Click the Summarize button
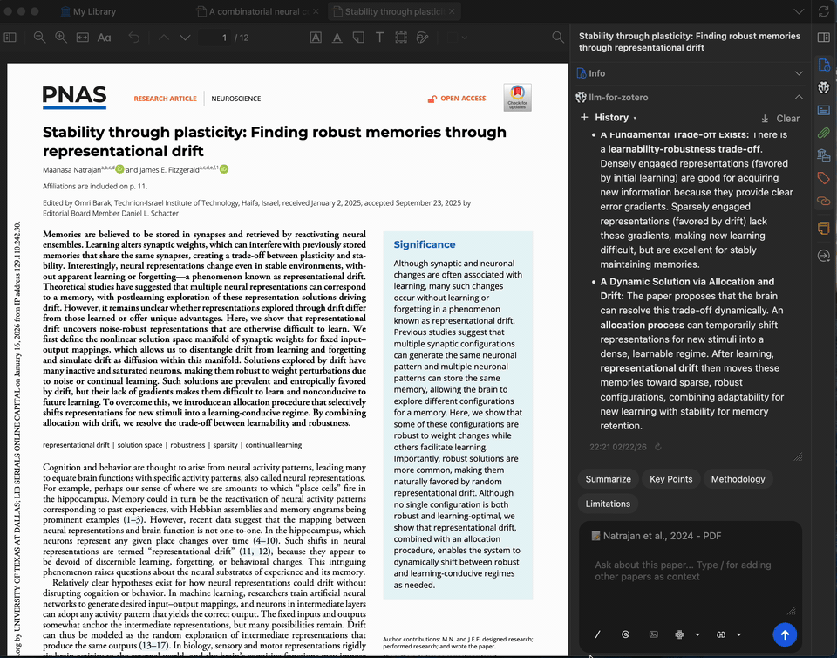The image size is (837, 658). [x=608, y=479]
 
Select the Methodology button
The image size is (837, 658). [x=738, y=479]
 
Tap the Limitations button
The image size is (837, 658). [x=608, y=504]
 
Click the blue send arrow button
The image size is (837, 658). [x=785, y=634]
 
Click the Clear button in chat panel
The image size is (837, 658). [x=780, y=118]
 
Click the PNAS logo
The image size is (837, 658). [x=74, y=97]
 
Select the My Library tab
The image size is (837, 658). [x=94, y=12]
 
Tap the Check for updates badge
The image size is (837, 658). [x=517, y=98]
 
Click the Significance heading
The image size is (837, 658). [x=425, y=244]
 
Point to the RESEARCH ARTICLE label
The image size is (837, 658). [x=165, y=99]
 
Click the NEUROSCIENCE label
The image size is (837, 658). [x=236, y=99]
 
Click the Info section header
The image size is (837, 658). [x=597, y=73]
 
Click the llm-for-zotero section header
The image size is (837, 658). [x=618, y=97]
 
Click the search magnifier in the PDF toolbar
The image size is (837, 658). [x=558, y=38]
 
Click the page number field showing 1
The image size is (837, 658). [x=225, y=38]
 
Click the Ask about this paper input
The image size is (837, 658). [x=689, y=571]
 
